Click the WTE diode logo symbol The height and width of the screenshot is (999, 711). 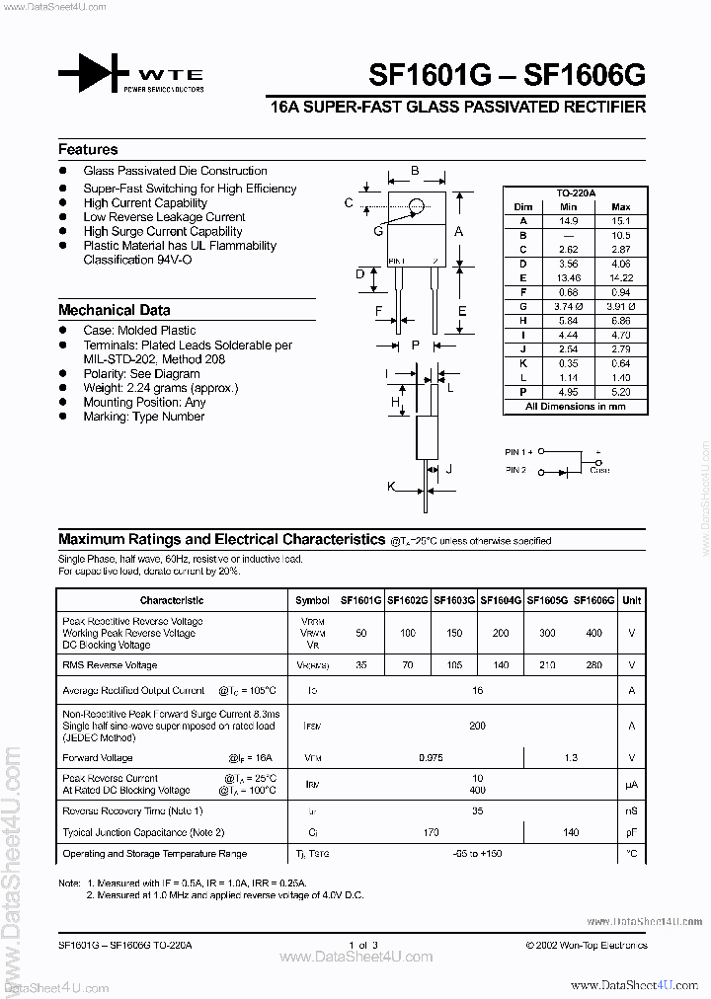point(94,76)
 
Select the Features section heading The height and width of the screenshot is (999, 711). point(88,150)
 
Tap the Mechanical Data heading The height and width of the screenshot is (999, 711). point(114,310)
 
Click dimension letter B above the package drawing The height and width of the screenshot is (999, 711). point(415,171)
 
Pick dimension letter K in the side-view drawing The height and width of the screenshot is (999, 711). point(391,486)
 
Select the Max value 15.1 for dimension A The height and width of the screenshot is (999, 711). point(621,221)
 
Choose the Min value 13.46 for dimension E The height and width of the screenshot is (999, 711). point(568,279)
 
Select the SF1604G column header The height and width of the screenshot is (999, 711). point(502,600)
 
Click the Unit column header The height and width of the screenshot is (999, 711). point(632,600)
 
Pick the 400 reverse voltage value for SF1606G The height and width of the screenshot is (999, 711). point(593,633)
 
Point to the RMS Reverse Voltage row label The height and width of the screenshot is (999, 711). point(110,665)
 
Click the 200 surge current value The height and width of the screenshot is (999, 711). point(477,726)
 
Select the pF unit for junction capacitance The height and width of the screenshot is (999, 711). point(632,832)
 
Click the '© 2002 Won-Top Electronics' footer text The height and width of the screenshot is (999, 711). point(586,946)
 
